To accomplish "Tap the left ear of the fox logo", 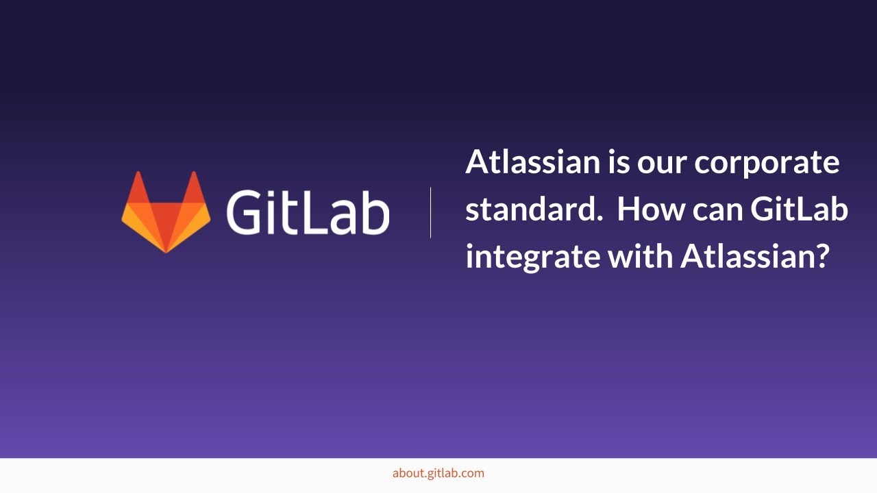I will (137, 188).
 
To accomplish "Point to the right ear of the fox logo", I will (195, 188).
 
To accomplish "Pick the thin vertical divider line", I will (430, 212).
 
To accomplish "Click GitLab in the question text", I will (799, 210).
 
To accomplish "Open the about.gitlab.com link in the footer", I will (438, 473).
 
